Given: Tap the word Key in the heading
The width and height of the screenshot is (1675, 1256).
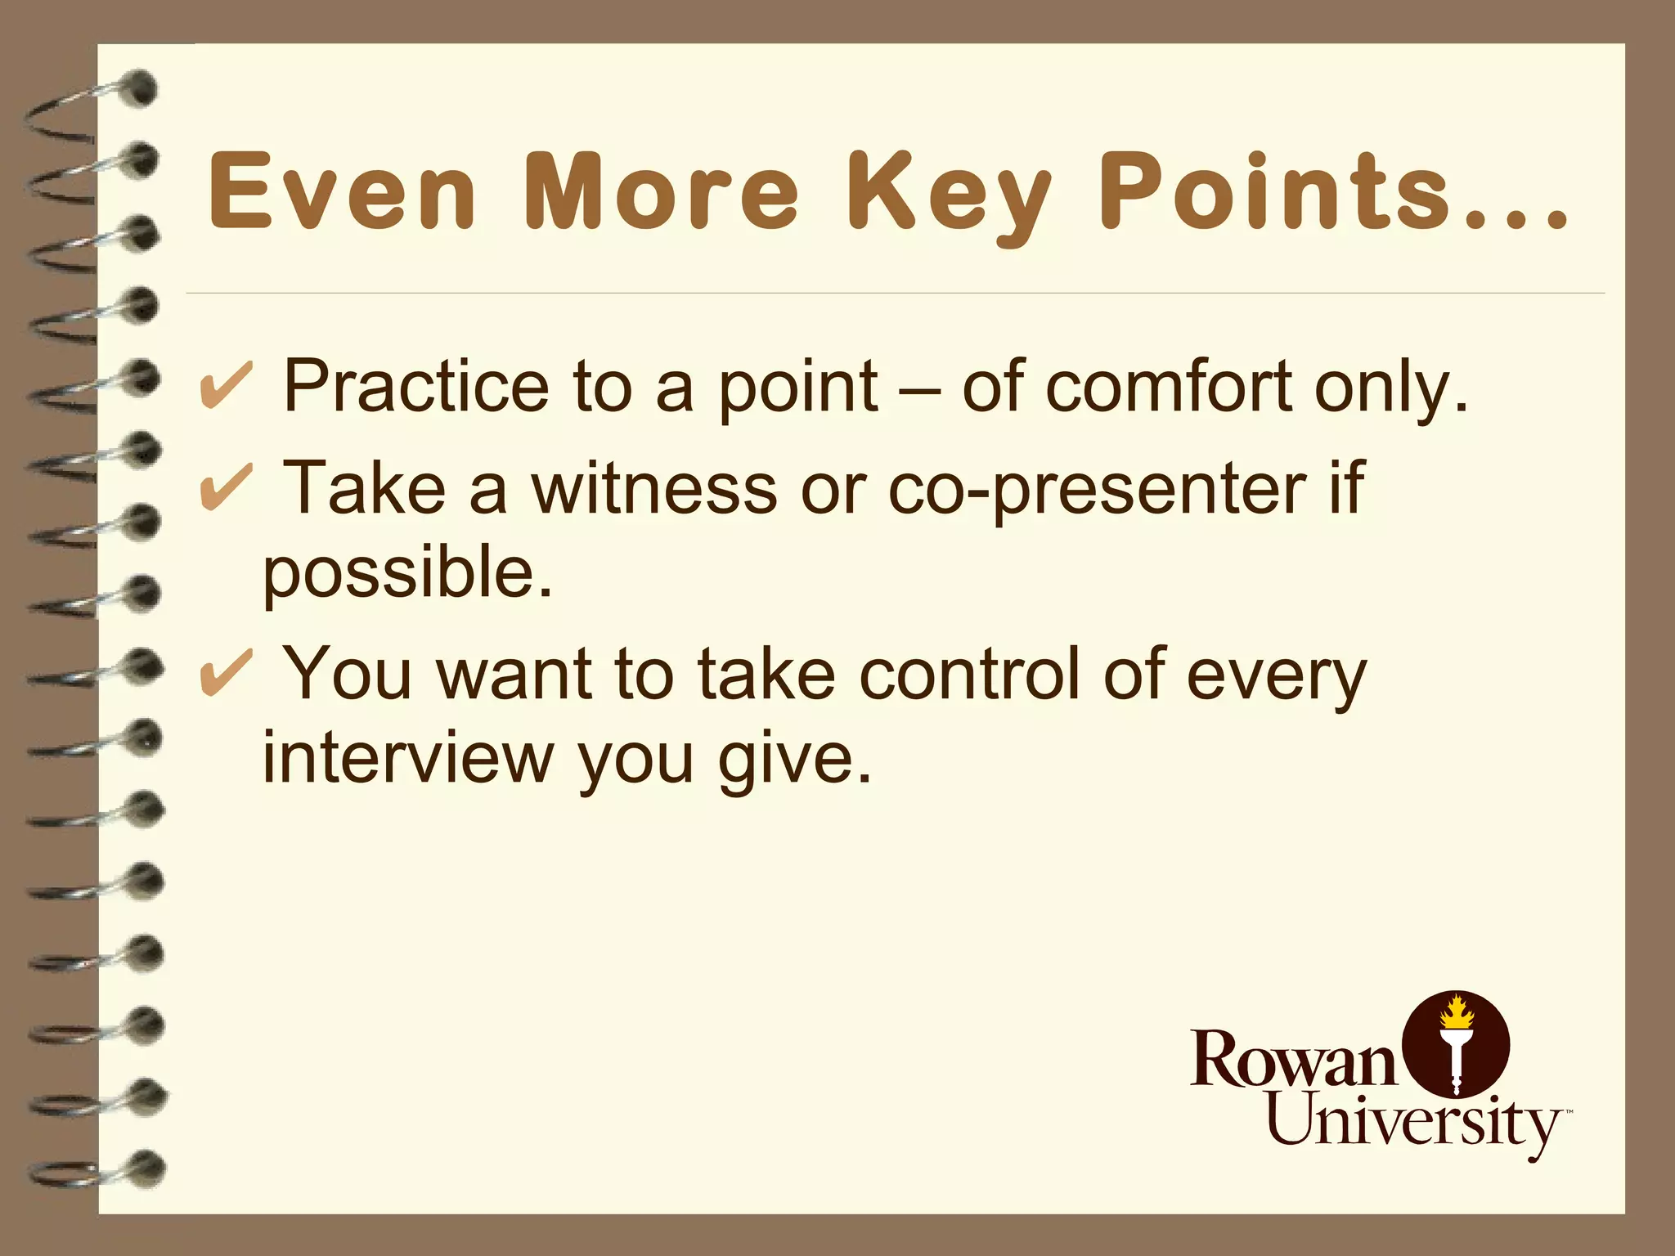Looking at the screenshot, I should (x=949, y=195).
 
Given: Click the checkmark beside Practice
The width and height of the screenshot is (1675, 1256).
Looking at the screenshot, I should (x=225, y=386).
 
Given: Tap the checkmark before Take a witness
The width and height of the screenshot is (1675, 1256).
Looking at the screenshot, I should (x=225, y=487).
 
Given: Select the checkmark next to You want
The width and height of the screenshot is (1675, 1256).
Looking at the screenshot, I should (x=225, y=674).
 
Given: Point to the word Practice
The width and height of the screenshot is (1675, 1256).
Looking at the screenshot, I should (x=415, y=386).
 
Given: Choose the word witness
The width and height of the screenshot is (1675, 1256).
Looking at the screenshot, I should (x=653, y=489).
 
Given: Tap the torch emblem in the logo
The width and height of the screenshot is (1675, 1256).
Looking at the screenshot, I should (x=1455, y=1045).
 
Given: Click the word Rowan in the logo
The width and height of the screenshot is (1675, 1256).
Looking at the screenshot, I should (x=1294, y=1059).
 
